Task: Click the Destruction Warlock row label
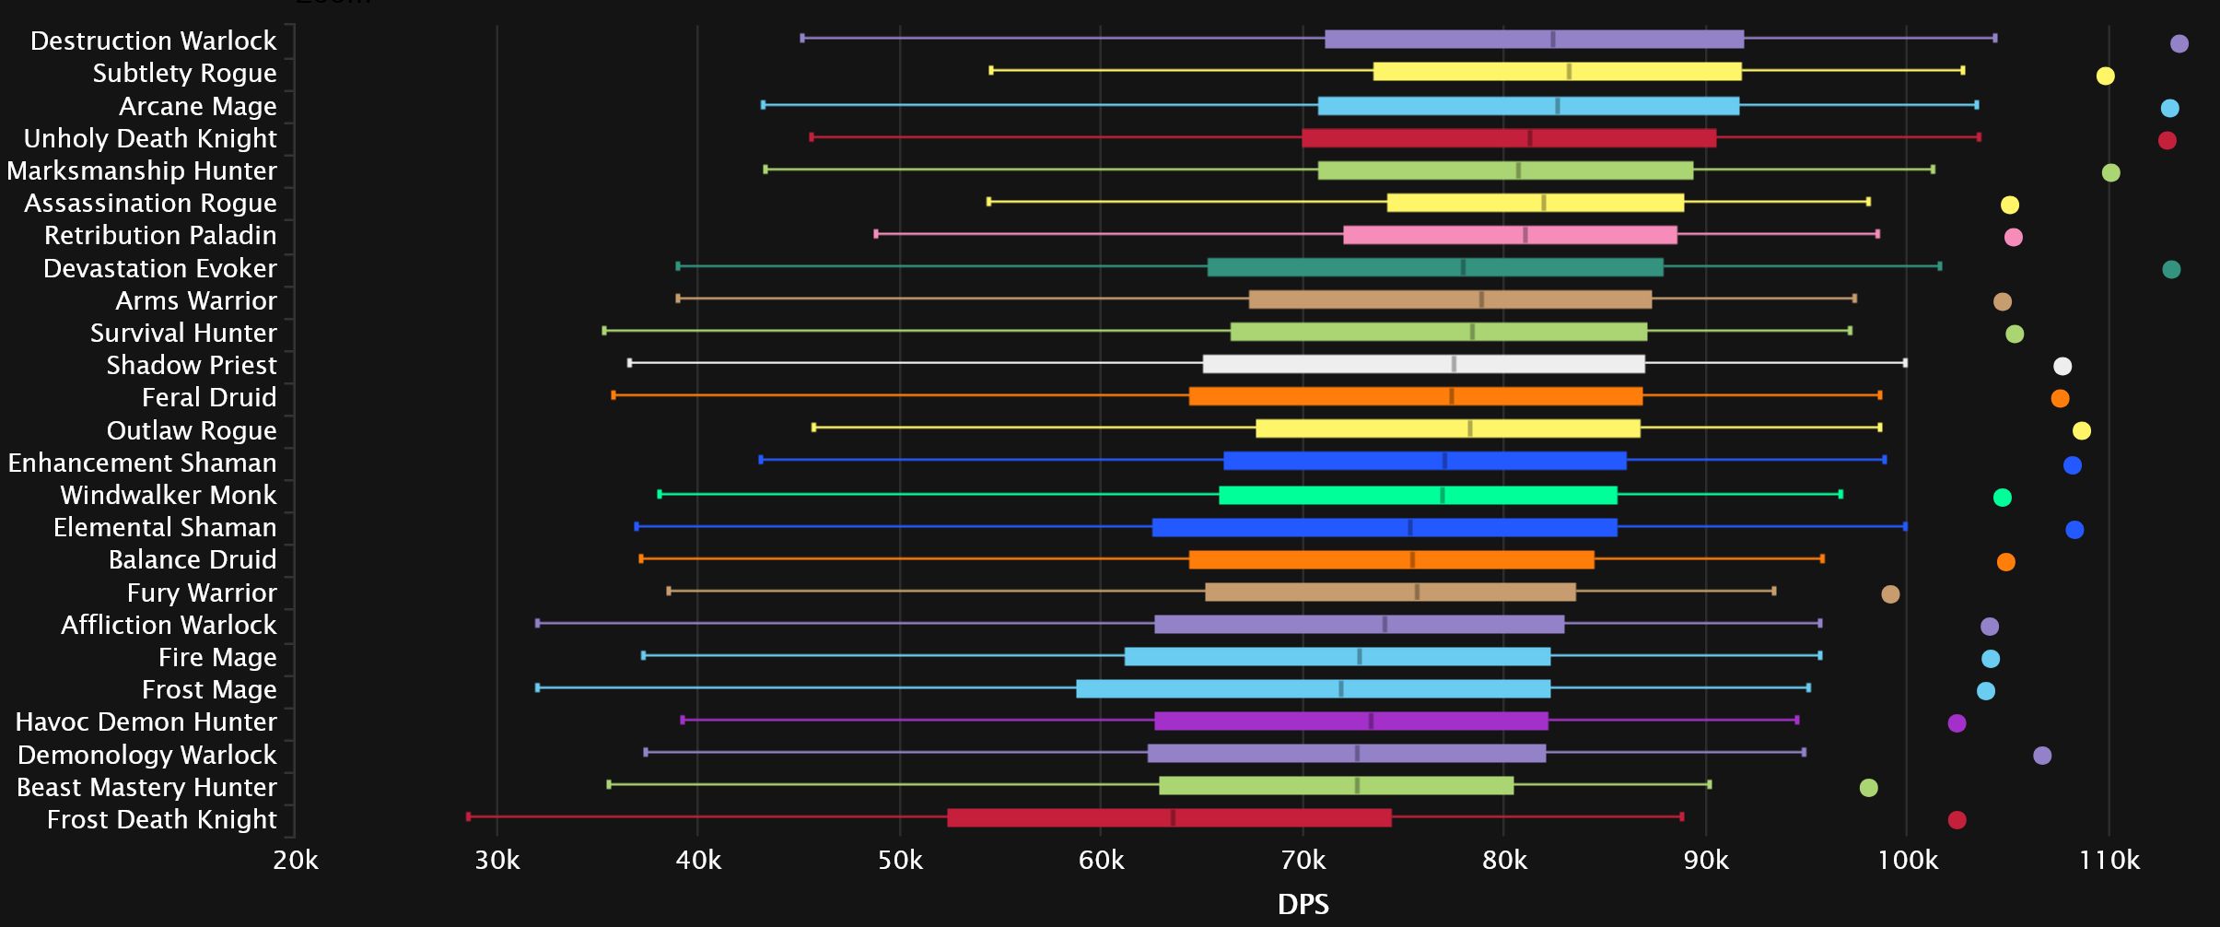[x=153, y=41]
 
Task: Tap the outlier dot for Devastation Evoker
[x=2171, y=269]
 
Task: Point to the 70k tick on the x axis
[x=1303, y=861]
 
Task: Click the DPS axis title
[x=1303, y=904]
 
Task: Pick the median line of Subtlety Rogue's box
[x=1569, y=72]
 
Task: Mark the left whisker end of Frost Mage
[x=538, y=687]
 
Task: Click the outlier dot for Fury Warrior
[x=1890, y=594]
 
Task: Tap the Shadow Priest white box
[x=1423, y=364]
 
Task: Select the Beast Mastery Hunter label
[x=146, y=787]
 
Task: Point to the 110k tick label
[x=2109, y=861]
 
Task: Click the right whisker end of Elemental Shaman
[x=1905, y=526]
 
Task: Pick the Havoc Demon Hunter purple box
[x=1350, y=721]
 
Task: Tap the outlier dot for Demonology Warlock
[x=2042, y=756]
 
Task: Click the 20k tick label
[x=296, y=861]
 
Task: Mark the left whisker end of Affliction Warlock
[x=538, y=623]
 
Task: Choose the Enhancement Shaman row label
[x=142, y=463]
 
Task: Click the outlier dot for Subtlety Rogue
[x=2105, y=76]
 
